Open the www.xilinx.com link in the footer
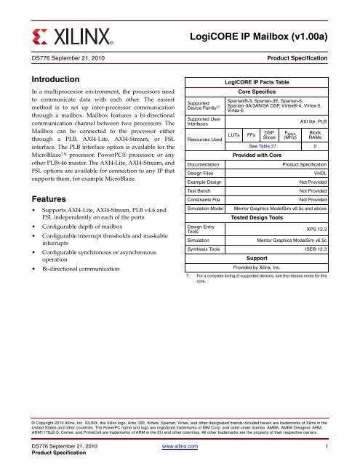(180, 449)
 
